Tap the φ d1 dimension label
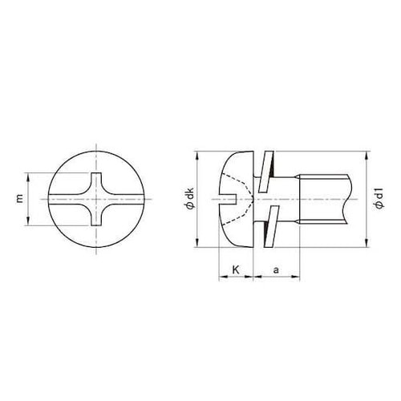(x=378, y=198)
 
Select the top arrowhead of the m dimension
(x=29, y=176)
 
